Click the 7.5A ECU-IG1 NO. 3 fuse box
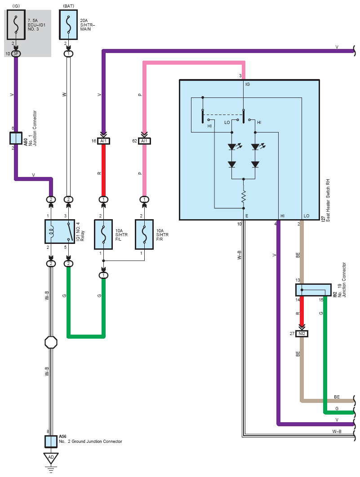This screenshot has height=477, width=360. pyautogui.click(x=16, y=25)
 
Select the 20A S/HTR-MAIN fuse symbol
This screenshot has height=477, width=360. pyautogui.click(x=68, y=25)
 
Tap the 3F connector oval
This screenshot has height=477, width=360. pyautogui.click(x=16, y=54)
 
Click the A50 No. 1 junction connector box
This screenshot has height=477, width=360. pyautogui.click(x=16, y=138)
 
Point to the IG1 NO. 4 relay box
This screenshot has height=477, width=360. pyautogui.click(x=60, y=231)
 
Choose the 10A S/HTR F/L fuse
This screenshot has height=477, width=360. pyautogui.click(x=103, y=234)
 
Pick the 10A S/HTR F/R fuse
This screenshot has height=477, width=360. pyautogui.click(x=144, y=234)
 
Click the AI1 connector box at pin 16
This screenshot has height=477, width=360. pyautogui.click(x=103, y=141)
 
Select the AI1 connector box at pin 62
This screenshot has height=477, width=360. pyautogui.click(x=144, y=141)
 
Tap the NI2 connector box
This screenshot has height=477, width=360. pyautogui.click(x=302, y=334)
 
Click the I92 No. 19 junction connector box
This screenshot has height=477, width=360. pyautogui.click(x=313, y=290)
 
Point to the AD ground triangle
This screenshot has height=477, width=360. pyautogui.click(x=51, y=458)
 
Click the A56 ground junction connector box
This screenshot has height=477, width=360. pyautogui.click(x=51, y=442)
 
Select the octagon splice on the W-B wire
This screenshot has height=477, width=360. pyautogui.click(x=51, y=342)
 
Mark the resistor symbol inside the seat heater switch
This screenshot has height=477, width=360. pyautogui.click(x=244, y=197)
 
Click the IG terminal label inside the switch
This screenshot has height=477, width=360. pyautogui.click(x=247, y=84)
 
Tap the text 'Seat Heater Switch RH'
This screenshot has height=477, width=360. pyautogui.click(x=328, y=200)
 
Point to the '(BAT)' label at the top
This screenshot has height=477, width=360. pyautogui.click(x=68, y=6)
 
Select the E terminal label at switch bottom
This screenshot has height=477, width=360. pyautogui.click(x=247, y=216)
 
